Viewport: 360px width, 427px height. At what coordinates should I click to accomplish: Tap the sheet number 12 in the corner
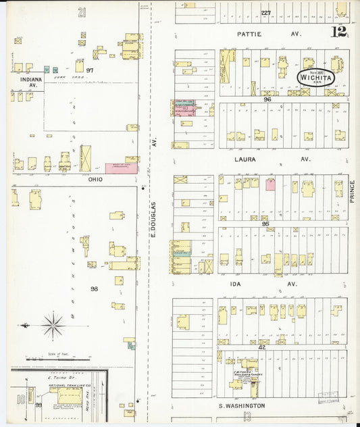[340, 32]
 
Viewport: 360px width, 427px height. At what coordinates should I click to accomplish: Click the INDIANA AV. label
[26, 81]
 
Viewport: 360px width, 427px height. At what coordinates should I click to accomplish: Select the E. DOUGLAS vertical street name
[154, 220]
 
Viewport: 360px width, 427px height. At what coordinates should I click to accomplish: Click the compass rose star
[53, 326]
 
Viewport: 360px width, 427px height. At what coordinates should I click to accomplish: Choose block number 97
[88, 70]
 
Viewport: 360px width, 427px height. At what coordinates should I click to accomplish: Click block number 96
[267, 99]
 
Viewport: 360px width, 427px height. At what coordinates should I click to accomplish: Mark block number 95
[265, 224]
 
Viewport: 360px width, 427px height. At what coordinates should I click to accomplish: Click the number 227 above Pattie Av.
[266, 13]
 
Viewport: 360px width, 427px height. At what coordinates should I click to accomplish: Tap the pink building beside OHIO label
[122, 168]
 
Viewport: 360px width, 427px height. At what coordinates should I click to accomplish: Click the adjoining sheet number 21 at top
[82, 11]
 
